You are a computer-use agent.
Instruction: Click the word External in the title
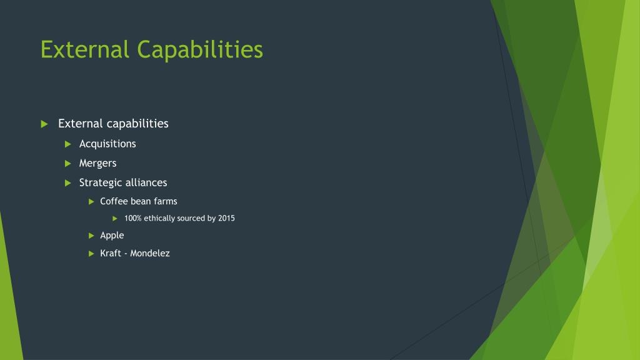click(x=84, y=49)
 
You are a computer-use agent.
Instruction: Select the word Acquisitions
click(x=107, y=144)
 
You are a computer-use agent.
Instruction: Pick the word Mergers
click(x=97, y=164)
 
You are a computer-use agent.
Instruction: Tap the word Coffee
click(x=114, y=201)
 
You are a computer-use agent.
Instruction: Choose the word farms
click(x=166, y=201)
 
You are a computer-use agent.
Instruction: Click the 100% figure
click(x=132, y=218)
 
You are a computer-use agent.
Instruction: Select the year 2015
click(x=226, y=218)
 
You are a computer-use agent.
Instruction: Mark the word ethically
click(x=159, y=219)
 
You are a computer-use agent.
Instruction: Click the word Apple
click(x=112, y=236)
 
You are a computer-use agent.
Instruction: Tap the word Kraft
click(x=110, y=253)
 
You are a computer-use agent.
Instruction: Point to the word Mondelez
click(x=150, y=253)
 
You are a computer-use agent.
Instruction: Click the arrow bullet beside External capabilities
click(x=44, y=124)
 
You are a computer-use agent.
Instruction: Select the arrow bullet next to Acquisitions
click(x=68, y=144)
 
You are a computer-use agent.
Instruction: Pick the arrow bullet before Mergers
click(x=68, y=163)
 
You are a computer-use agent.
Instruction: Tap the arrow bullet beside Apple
click(x=91, y=235)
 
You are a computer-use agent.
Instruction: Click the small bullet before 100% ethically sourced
click(x=115, y=218)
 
